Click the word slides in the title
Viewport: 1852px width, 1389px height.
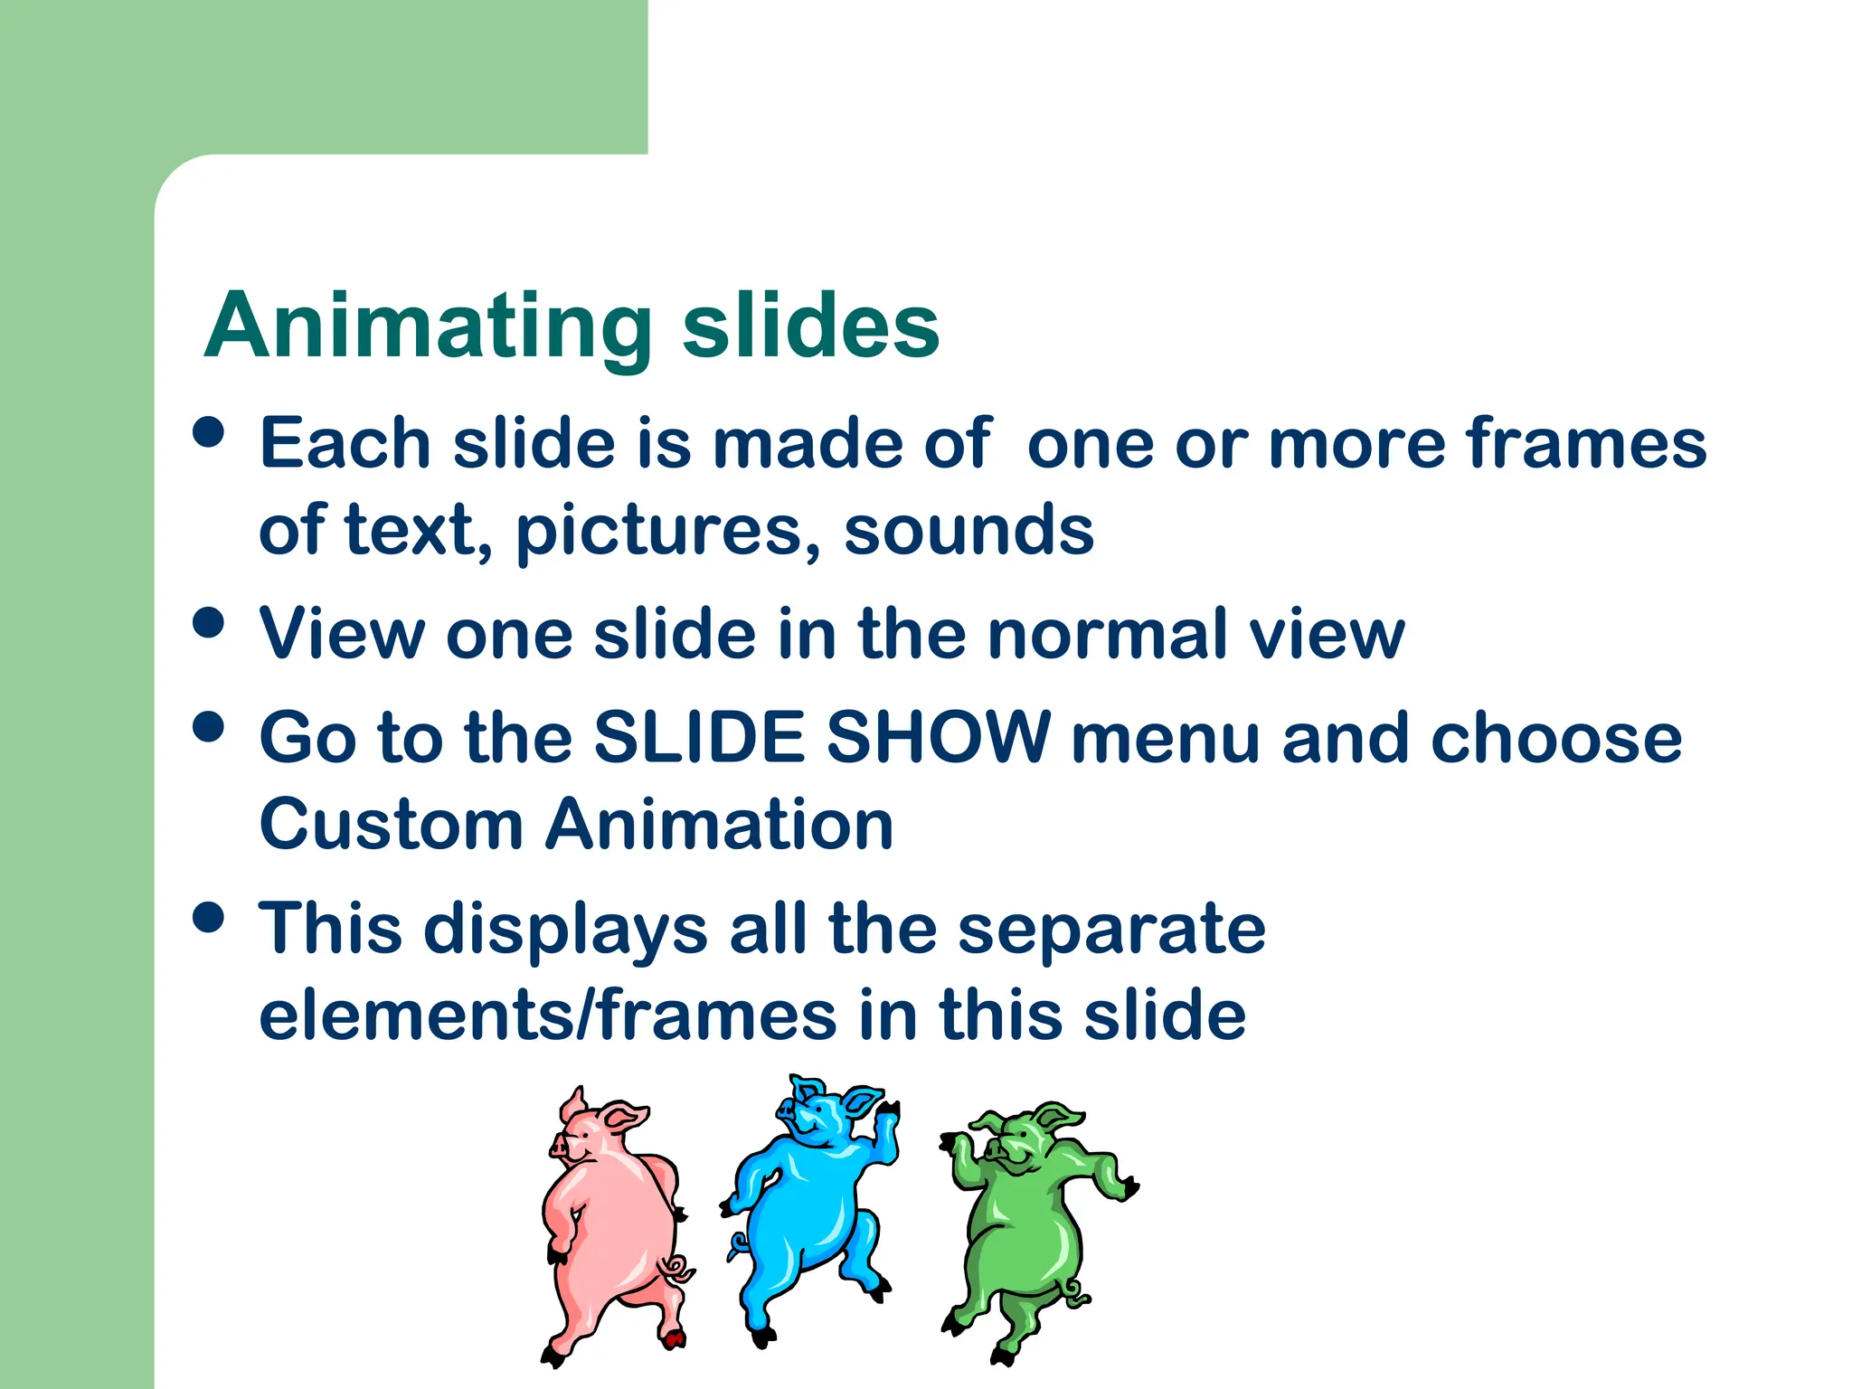point(810,327)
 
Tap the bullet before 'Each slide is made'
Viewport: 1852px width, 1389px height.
point(209,431)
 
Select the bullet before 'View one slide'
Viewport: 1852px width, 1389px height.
point(209,622)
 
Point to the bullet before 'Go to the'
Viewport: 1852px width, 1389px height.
point(209,726)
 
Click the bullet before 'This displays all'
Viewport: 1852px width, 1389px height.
point(209,917)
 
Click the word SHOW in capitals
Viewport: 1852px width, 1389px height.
point(938,737)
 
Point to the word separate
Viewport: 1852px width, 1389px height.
point(1111,929)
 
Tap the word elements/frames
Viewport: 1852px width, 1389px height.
point(547,1015)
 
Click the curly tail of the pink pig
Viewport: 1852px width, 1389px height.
point(676,1270)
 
